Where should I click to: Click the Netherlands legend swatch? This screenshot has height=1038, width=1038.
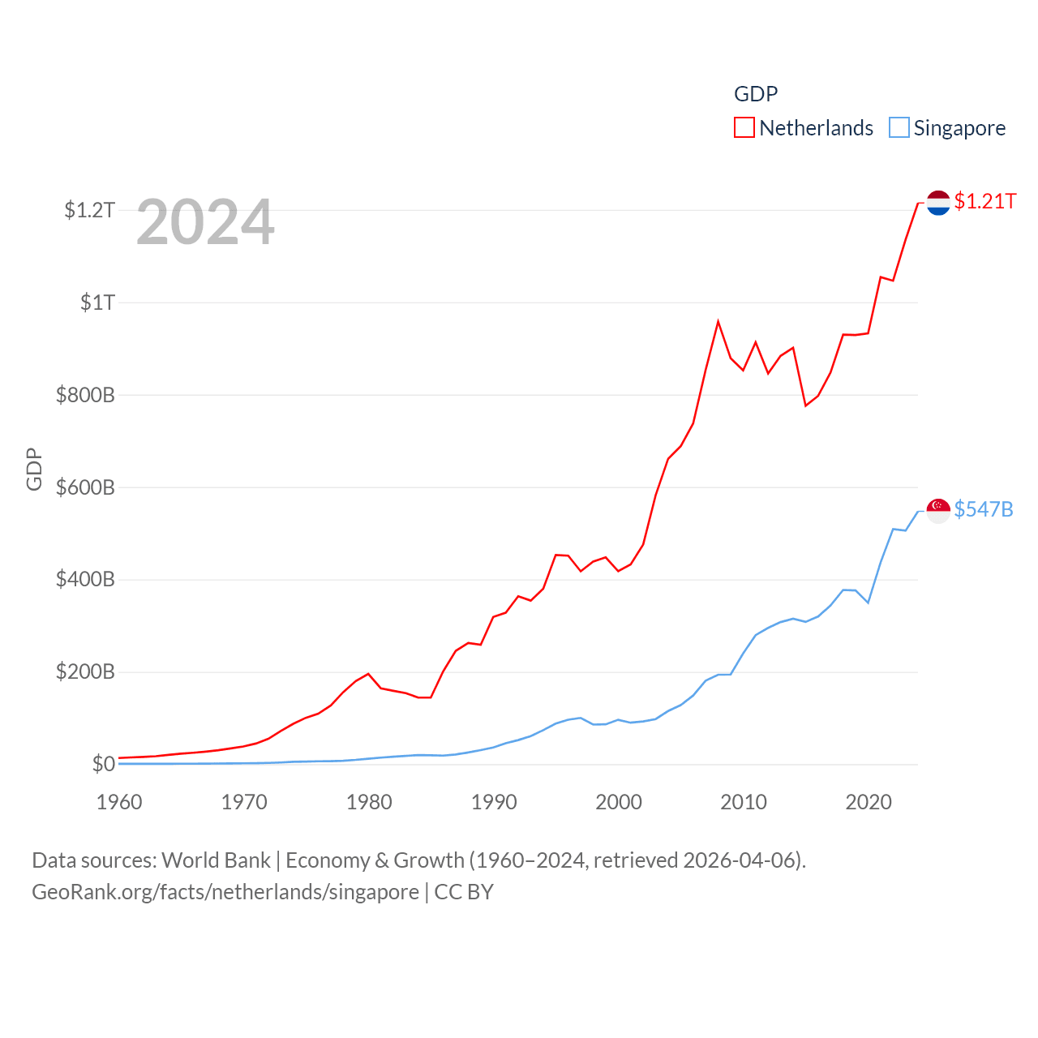point(744,128)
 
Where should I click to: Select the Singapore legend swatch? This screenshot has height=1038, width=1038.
point(899,128)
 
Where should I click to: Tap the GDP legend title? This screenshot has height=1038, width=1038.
point(756,94)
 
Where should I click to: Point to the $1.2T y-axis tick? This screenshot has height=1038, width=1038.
point(90,210)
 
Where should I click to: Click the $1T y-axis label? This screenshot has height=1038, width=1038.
point(98,302)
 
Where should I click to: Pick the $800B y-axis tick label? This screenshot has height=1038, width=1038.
point(85,395)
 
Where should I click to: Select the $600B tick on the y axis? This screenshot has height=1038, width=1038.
point(85,487)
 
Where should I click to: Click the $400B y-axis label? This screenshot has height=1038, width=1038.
point(85,579)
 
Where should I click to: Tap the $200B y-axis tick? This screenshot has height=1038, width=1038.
point(85,671)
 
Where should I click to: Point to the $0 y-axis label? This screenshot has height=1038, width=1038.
point(104,764)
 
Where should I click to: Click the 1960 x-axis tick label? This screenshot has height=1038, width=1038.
point(119,802)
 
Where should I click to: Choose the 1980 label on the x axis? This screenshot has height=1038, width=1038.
point(369,802)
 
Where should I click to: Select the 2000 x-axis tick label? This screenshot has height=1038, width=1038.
point(619,802)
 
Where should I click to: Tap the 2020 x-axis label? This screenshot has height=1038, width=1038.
point(869,802)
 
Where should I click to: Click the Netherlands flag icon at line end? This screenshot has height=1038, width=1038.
point(938,203)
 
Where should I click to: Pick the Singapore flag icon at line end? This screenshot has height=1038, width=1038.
point(938,511)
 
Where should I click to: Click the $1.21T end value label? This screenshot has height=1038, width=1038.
point(985,201)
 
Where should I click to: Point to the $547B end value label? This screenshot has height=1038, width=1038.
point(984,509)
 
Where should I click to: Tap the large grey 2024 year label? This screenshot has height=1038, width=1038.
point(205,222)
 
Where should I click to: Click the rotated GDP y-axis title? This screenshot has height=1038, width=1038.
point(34,469)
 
